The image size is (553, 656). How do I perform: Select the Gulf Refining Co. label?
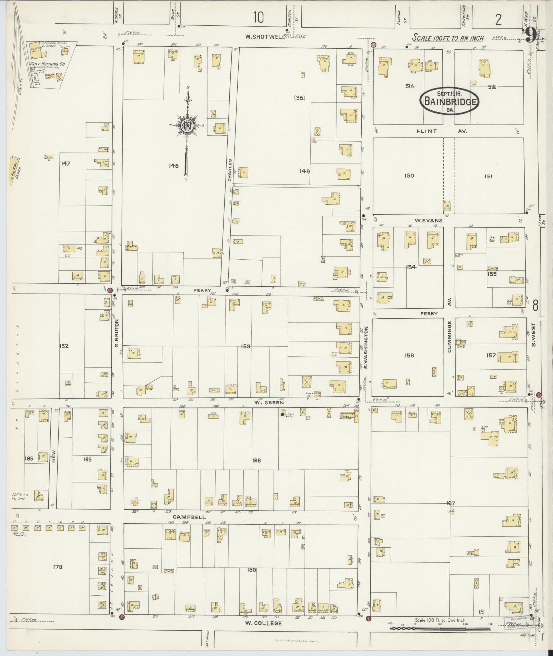tap(48, 64)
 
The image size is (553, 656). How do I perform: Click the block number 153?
tap(245, 346)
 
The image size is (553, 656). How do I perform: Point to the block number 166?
tap(256, 460)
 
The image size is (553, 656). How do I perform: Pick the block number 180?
tap(251, 570)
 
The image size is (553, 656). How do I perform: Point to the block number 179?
tap(58, 567)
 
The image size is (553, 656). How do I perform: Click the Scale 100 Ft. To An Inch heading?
tap(448, 38)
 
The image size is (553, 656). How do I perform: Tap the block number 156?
tap(409, 355)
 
